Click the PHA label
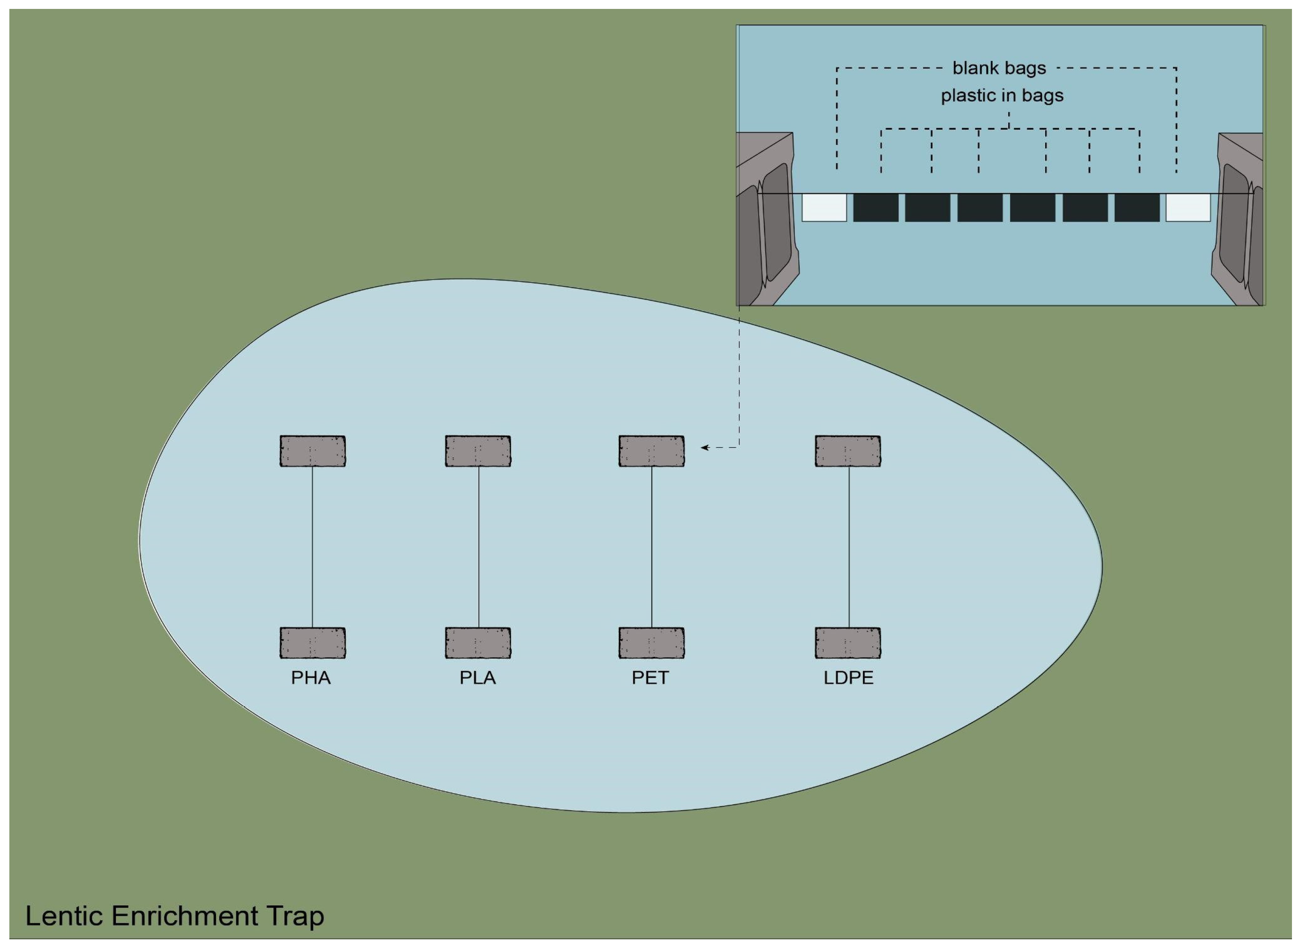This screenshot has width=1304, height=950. click(x=311, y=679)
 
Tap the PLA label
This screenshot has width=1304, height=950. click(x=478, y=679)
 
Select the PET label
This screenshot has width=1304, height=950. click(x=650, y=679)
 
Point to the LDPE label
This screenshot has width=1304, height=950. click(x=848, y=679)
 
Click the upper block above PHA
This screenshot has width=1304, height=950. click(x=313, y=451)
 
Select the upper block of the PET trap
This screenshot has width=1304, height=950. click(x=651, y=451)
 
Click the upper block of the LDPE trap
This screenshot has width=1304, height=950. click(x=848, y=451)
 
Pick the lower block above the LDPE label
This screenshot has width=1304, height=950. click(x=848, y=643)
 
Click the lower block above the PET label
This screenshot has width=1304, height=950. click(x=651, y=643)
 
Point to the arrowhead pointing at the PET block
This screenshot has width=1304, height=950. click(x=704, y=447)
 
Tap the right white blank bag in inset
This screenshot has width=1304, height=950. click(x=1188, y=208)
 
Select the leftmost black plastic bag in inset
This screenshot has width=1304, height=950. click(x=876, y=208)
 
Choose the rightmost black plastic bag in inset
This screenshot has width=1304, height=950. click(x=1136, y=208)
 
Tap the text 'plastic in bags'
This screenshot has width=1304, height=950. click(x=1002, y=95)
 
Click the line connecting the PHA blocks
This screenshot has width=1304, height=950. click(x=312, y=547)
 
